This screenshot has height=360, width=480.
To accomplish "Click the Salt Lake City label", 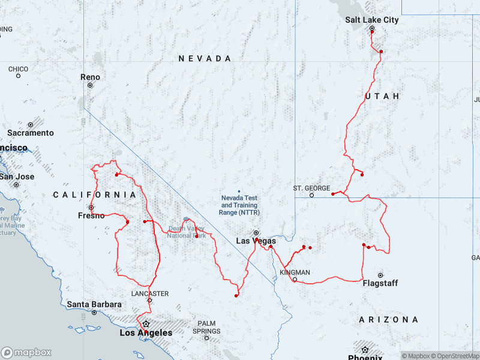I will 371,20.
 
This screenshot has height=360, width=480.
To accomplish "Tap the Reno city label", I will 91,77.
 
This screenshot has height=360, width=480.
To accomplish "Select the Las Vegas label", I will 256,241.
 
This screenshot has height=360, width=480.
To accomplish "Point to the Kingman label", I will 295,272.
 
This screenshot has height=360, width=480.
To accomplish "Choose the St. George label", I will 311,188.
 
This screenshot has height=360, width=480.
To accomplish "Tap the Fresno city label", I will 91,215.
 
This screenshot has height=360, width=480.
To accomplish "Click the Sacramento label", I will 31,133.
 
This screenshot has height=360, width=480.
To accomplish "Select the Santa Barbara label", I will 94,304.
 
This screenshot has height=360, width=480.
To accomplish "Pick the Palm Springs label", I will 206,327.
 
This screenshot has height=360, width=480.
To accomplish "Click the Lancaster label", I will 150,293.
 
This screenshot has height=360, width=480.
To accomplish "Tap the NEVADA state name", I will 205,58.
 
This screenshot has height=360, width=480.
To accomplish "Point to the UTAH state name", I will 382,96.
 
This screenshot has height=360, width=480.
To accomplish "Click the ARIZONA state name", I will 389,320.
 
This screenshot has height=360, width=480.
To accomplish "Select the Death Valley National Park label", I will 187,232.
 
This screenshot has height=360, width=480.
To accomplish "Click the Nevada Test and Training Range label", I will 239,205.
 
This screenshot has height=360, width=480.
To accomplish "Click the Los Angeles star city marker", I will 145,323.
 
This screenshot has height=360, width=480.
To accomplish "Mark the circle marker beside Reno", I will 90,85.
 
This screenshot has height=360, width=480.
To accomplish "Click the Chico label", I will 18,68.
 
